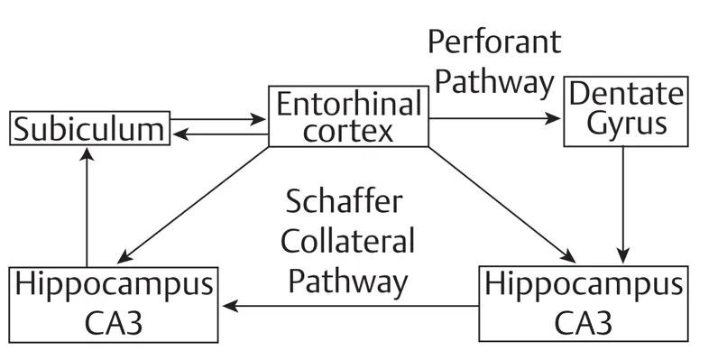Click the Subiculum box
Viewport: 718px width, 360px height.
87,128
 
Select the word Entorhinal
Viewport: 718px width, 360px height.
349,104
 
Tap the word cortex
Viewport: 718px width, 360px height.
349,131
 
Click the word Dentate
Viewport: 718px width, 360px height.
623,94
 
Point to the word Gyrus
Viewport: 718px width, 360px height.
623,125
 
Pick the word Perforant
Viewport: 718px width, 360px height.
493,42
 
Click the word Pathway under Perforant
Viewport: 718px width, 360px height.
493,82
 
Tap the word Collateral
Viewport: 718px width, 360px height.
348,242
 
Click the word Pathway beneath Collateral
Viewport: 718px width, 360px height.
348,282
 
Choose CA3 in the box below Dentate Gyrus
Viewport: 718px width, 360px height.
582,320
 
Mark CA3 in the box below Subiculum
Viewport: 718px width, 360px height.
113,320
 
